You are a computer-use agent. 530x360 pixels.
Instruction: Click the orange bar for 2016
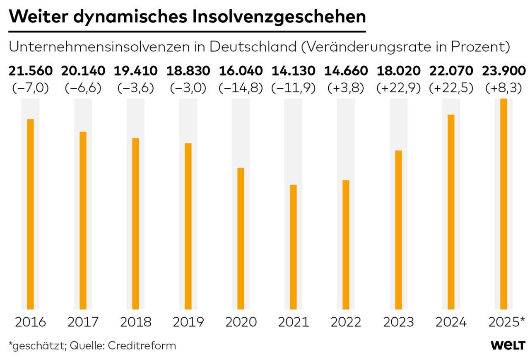tap(30, 214)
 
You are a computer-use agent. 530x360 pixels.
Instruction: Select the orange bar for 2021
tap(293, 247)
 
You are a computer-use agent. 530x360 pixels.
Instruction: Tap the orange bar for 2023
tap(398, 230)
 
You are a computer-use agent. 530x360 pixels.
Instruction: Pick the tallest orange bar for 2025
tap(503, 204)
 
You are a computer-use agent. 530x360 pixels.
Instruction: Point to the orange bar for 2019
tap(188, 226)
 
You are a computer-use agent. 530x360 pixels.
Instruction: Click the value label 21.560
tap(31, 71)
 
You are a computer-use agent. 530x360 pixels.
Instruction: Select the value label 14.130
tap(294, 71)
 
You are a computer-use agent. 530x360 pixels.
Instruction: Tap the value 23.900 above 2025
tap(504, 71)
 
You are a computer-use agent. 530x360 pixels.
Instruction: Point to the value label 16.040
tap(241, 71)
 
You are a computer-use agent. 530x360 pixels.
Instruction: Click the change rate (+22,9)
tap(398, 88)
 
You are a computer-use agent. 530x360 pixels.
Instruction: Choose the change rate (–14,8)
tap(241, 88)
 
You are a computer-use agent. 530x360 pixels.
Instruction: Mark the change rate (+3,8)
tap(346, 88)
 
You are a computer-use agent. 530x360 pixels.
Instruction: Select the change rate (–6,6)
tap(83, 88)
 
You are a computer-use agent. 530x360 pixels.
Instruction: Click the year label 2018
tap(135, 322)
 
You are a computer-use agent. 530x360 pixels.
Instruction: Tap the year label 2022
tap(346, 322)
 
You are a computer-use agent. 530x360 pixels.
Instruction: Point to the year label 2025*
tap(506, 322)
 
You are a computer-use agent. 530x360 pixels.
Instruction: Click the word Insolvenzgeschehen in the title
tap(279, 17)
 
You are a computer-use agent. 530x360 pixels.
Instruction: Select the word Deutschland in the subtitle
tap(253, 47)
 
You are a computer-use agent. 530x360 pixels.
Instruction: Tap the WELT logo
tap(508, 346)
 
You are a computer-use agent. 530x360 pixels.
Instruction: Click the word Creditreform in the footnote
tap(142, 346)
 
